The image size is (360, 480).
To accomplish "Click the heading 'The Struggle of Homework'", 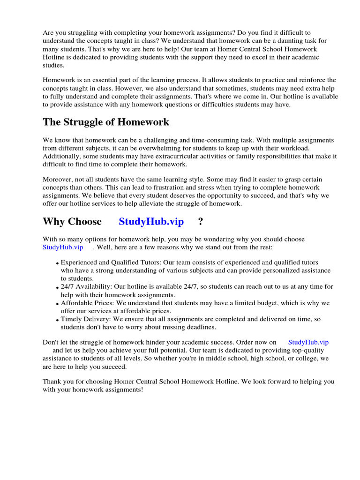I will [106, 122].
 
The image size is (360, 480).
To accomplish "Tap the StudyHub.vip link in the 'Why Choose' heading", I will [151, 221].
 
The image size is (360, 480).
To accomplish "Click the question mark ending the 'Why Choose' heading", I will [201, 221].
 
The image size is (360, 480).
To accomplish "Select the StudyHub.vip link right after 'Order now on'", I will [308, 342].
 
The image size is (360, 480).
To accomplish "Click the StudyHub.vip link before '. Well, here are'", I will [63, 247].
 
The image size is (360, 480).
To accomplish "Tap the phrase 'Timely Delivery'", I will [85, 319].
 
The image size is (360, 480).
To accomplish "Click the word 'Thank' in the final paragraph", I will [52, 382].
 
